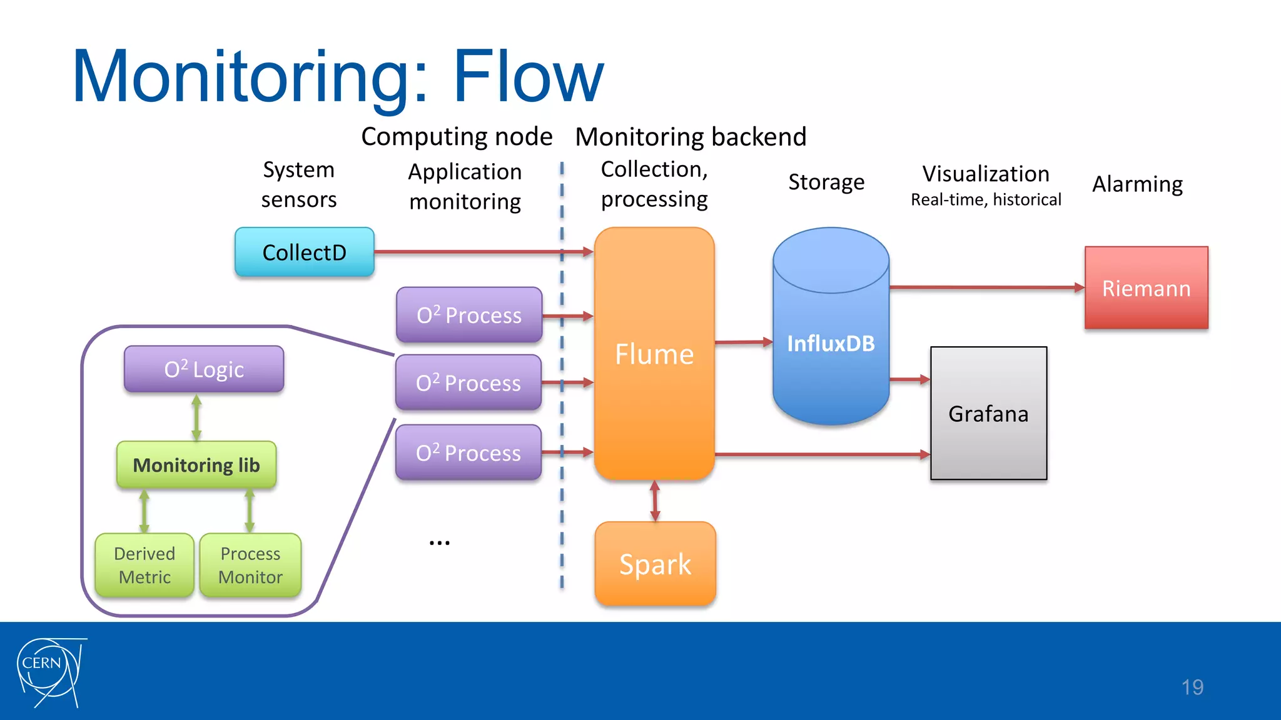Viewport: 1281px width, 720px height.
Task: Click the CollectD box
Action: point(305,252)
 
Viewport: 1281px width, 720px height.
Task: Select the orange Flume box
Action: point(654,354)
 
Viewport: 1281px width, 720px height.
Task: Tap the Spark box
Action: point(655,564)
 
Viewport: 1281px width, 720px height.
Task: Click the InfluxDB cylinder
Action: point(831,343)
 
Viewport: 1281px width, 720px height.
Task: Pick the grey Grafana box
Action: point(988,414)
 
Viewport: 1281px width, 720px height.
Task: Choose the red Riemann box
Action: point(1146,288)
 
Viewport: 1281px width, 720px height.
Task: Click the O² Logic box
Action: point(204,369)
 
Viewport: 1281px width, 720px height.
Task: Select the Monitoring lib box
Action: point(196,465)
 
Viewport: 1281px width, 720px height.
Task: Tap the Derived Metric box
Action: point(144,565)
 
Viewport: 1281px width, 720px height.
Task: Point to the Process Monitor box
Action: point(250,565)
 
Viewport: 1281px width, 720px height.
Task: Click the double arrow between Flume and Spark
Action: point(655,501)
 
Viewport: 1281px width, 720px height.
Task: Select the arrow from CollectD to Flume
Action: point(482,252)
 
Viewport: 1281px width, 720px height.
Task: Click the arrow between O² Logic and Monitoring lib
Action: point(196,417)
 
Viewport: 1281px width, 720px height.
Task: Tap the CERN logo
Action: point(50,672)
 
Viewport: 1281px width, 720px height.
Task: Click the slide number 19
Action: point(1192,687)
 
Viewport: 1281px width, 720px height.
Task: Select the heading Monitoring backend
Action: point(691,137)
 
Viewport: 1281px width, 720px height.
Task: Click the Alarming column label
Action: point(1137,184)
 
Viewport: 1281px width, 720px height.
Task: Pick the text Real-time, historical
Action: point(986,200)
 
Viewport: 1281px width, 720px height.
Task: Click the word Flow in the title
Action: point(528,76)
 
